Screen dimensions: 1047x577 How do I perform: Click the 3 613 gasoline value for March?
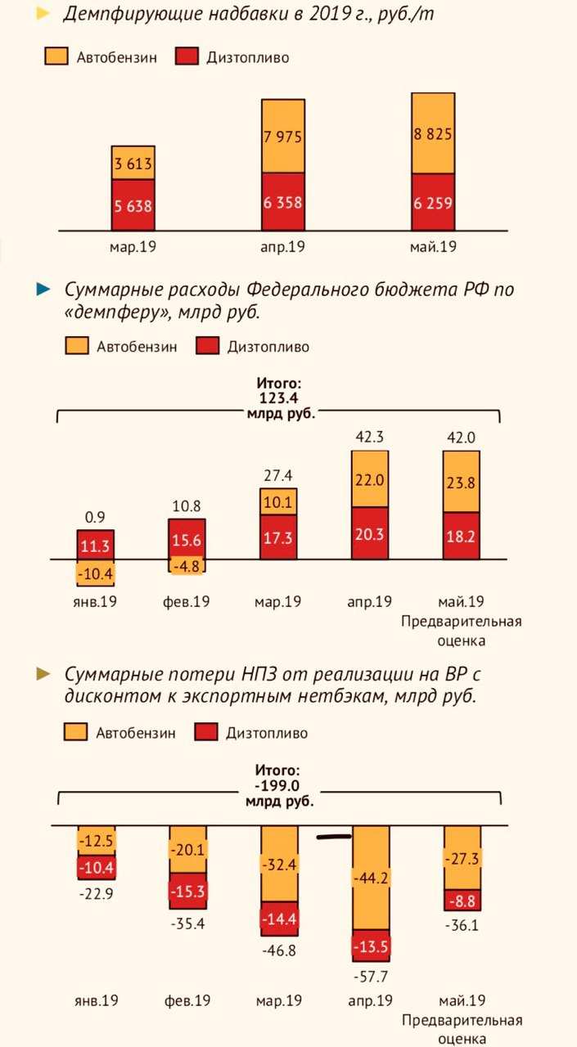pos(133,164)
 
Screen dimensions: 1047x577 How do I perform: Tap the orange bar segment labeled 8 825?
pos(433,133)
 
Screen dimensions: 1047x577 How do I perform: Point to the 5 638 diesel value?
pos(133,206)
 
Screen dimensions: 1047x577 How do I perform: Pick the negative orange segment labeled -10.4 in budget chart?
pos(96,573)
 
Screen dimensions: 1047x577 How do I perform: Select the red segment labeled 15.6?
pos(187,540)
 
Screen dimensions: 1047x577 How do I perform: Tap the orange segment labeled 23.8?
pos(461,482)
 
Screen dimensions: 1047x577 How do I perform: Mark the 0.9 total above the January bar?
pos(95,517)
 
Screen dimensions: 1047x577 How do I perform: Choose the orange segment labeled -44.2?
pos(370,878)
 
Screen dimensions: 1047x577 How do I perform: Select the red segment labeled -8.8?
pos(462,901)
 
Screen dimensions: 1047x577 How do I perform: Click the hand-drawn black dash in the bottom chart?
pos(334,837)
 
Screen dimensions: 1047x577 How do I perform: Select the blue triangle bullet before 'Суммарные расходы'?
pos(43,289)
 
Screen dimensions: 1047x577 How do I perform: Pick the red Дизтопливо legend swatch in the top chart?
pos(189,57)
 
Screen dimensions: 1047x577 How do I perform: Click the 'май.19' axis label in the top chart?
pos(432,247)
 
